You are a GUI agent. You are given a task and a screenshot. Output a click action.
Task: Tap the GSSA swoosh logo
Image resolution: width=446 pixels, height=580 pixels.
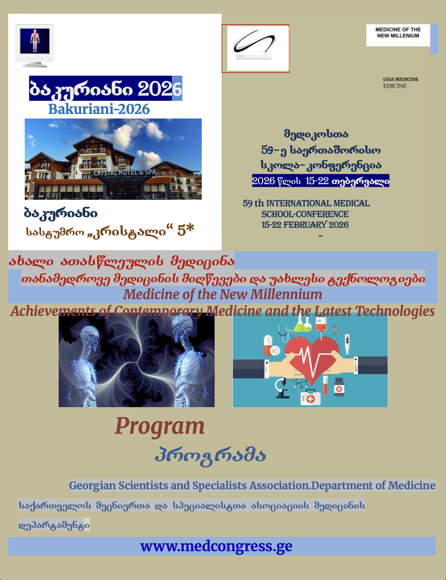coord(254,43)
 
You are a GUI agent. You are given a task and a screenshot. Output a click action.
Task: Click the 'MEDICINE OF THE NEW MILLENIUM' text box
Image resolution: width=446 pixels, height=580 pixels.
coord(398,33)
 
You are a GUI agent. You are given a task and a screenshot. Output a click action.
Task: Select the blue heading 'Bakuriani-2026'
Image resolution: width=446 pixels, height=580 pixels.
coord(99,109)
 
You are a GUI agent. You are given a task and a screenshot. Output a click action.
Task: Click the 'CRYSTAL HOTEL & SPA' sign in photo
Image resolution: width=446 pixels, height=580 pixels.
coord(125,172)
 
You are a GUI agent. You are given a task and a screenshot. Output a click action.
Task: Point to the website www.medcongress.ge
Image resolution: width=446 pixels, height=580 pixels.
coord(216,546)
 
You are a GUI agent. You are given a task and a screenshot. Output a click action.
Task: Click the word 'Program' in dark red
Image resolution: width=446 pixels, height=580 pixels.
coord(160,426)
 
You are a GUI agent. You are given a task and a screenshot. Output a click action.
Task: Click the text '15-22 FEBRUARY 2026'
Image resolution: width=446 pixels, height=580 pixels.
coord(305,225)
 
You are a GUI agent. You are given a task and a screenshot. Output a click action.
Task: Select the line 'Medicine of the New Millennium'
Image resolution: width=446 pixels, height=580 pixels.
coord(222,294)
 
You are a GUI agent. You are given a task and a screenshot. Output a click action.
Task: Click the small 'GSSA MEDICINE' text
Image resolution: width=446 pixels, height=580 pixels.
coord(401,79)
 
